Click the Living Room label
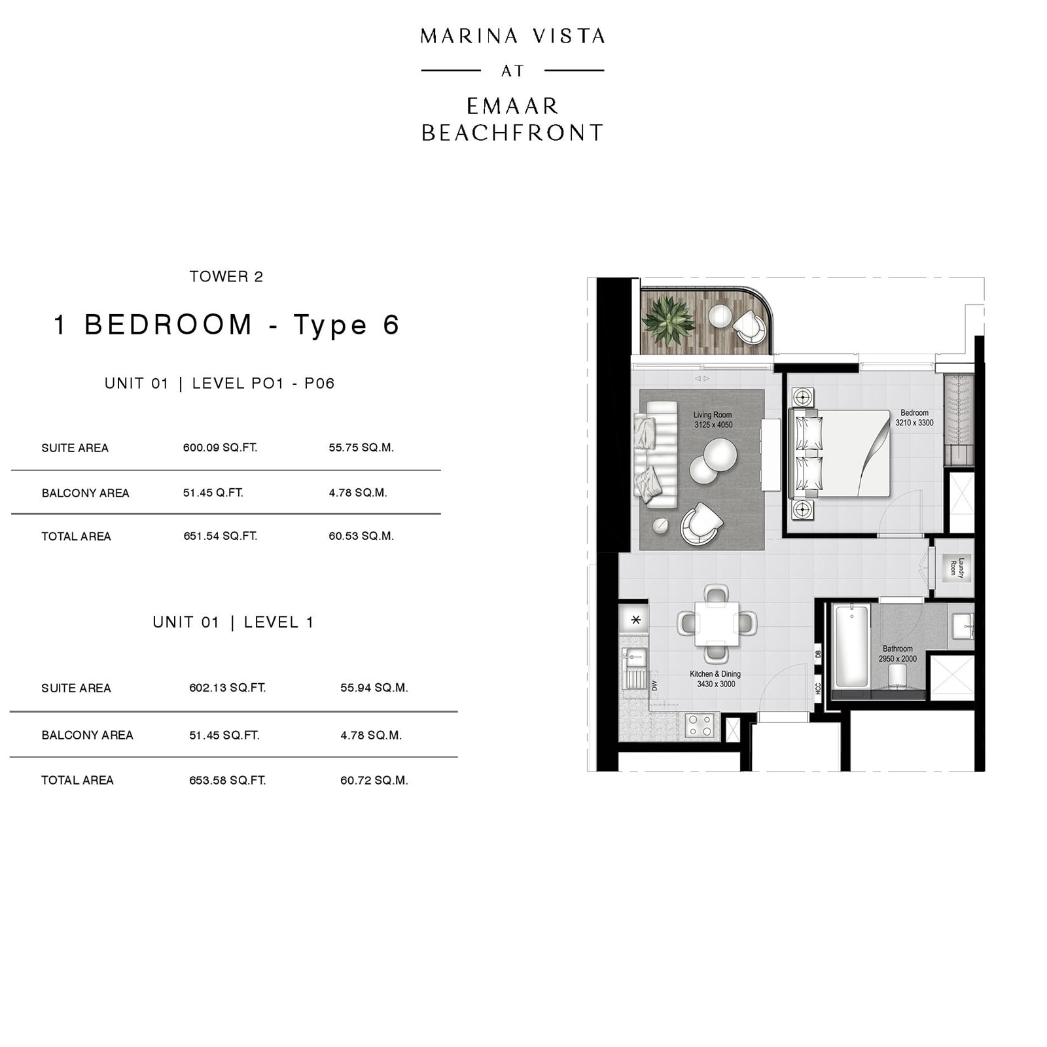713,415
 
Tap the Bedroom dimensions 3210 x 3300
914,423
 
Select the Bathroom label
897,648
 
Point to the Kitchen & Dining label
715,674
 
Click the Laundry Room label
957,567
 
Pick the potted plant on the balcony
668,321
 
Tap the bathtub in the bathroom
851,645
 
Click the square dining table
717,623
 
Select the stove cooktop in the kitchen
700,726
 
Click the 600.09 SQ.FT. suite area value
220,448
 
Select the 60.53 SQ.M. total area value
361,536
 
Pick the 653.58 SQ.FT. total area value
227,780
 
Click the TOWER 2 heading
226,277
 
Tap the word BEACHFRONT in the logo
512,133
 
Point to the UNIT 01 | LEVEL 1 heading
233,622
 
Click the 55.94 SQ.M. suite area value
374,688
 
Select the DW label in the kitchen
654,685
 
